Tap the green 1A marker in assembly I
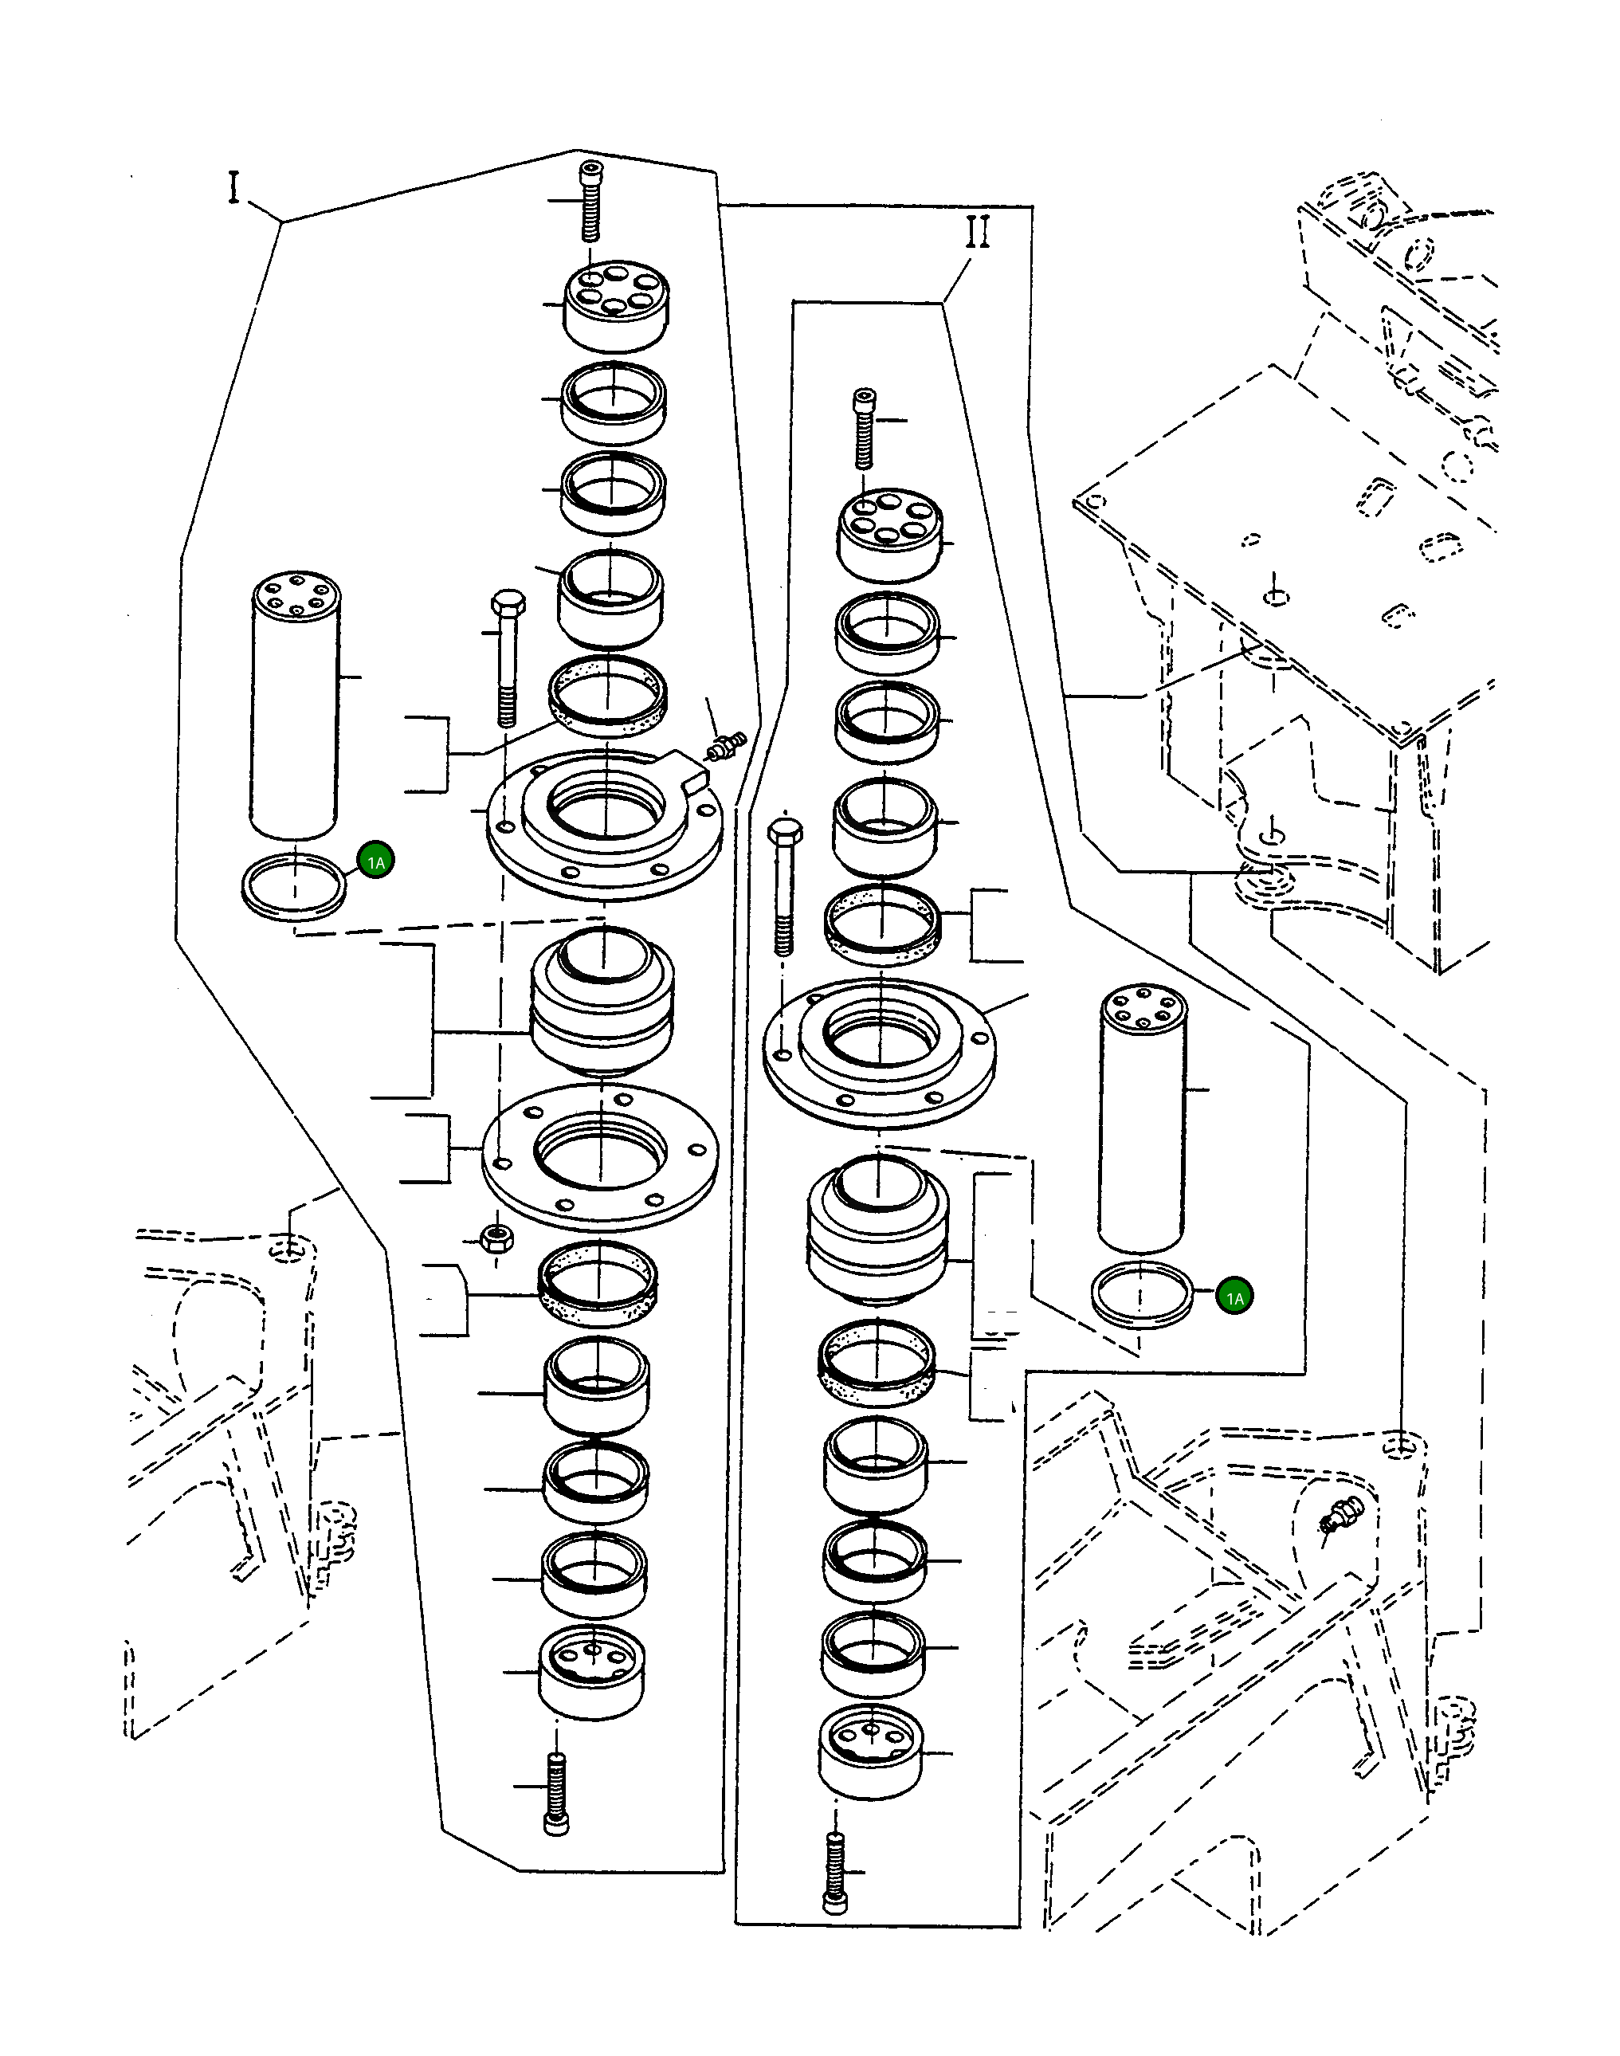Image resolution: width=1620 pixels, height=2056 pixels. [375, 861]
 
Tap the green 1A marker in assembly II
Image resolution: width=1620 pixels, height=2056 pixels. [1234, 1297]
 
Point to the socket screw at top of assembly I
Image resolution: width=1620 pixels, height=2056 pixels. [591, 202]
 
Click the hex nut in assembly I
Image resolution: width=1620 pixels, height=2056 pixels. [495, 1238]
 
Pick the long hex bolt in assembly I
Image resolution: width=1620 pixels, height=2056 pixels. [508, 658]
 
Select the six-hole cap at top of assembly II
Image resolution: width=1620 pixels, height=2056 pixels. [891, 534]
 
